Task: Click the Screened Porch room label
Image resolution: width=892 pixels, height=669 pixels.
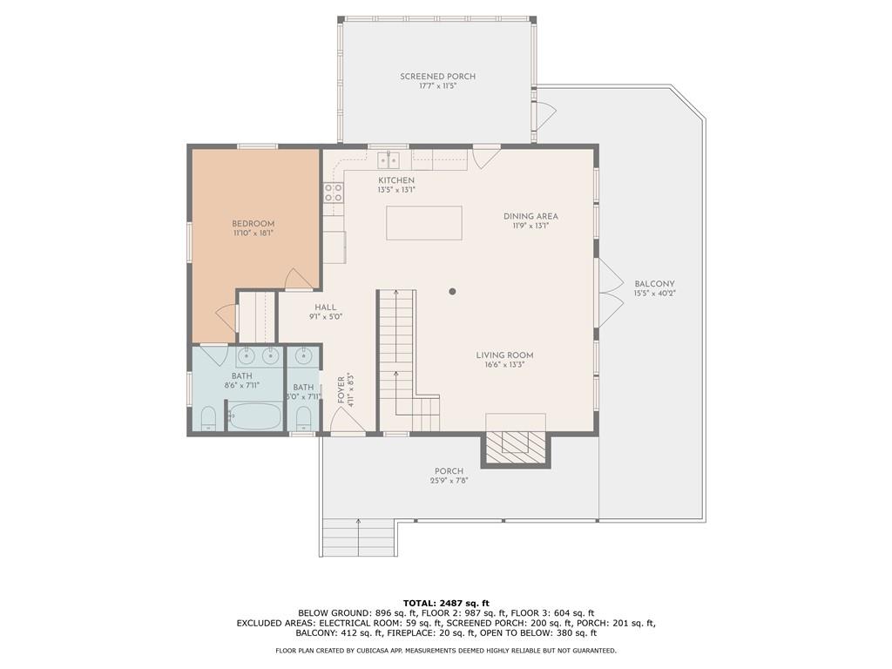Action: tap(437, 77)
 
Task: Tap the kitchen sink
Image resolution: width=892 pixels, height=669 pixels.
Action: tap(389, 160)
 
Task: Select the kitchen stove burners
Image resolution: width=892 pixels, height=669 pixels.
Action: tap(334, 193)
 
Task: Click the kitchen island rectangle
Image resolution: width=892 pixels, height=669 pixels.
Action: tap(424, 223)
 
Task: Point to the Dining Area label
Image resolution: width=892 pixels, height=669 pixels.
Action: tap(530, 216)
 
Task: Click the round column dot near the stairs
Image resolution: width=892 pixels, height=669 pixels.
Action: tap(452, 291)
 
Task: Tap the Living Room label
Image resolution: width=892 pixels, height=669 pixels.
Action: tap(504, 355)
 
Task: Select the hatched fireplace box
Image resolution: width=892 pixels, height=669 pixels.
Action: tap(516, 450)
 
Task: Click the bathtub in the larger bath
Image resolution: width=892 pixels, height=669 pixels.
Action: tap(255, 416)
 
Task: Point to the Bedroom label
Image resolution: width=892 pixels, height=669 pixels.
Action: tap(253, 224)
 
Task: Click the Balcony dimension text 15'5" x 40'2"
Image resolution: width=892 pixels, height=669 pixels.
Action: tap(655, 294)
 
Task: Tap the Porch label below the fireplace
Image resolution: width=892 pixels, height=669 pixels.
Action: tap(449, 471)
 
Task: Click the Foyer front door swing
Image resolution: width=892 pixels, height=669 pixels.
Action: tap(347, 422)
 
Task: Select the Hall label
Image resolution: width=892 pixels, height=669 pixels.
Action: tap(326, 307)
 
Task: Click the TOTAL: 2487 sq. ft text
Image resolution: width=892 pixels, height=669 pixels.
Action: tap(446, 603)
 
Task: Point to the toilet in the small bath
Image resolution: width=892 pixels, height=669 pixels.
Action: tap(304, 419)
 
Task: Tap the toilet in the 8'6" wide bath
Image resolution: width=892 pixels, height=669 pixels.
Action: tap(209, 419)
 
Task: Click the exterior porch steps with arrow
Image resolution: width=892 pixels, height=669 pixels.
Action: tap(358, 537)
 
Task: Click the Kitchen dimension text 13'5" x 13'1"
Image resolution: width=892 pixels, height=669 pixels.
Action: tap(396, 189)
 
